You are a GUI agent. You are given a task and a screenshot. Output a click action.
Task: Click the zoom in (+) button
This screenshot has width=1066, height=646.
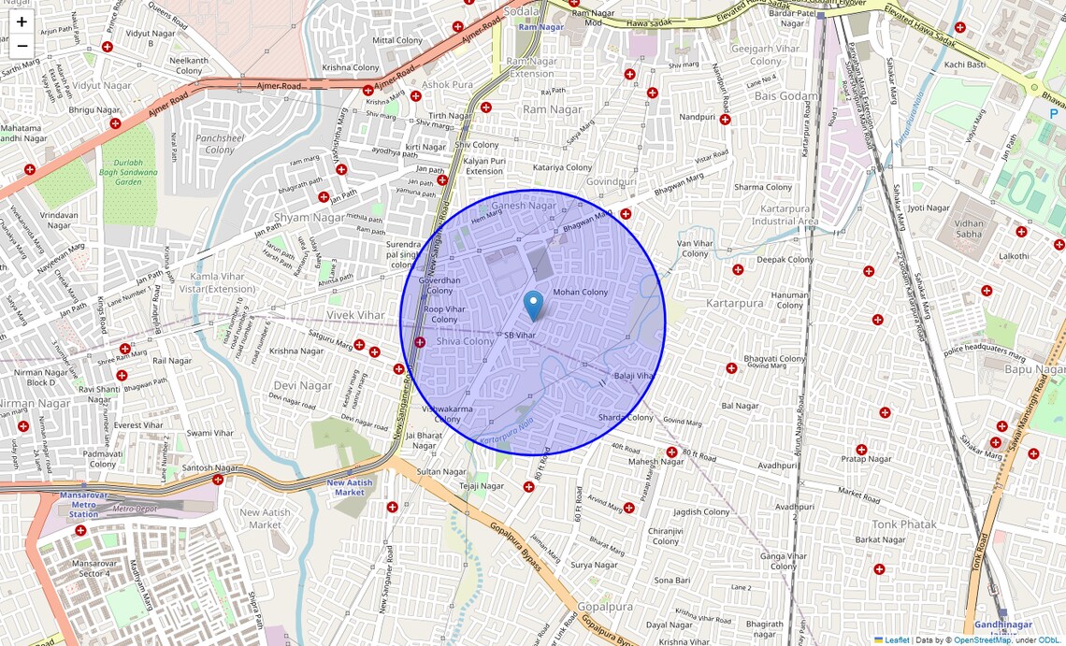pos(22,22)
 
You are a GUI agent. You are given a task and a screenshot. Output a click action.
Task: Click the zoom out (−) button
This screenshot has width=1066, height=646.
pos(22,45)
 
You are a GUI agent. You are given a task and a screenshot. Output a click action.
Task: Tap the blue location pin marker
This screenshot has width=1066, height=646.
pos(533,306)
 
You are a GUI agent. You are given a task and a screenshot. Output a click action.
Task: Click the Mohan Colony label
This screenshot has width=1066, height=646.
pos(580,293)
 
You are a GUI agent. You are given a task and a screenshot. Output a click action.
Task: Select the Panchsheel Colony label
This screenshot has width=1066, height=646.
pos(221,144)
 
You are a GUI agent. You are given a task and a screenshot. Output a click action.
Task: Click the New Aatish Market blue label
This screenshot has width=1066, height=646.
pos(350,487)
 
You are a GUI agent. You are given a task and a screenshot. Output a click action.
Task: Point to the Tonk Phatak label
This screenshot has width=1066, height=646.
pos(903,524)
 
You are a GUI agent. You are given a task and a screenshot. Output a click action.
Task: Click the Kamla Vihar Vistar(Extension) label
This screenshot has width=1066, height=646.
pos(223,282)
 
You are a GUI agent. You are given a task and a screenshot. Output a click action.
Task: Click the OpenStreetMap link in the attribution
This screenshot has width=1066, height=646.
pos(982,640)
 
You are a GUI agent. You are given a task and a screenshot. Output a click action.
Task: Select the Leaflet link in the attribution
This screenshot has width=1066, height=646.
pos(897,640)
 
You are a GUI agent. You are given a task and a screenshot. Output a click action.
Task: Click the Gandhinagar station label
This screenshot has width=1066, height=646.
pos(1002,625)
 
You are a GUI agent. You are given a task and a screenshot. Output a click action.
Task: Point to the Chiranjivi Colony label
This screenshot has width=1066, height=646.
pos(666,536)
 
